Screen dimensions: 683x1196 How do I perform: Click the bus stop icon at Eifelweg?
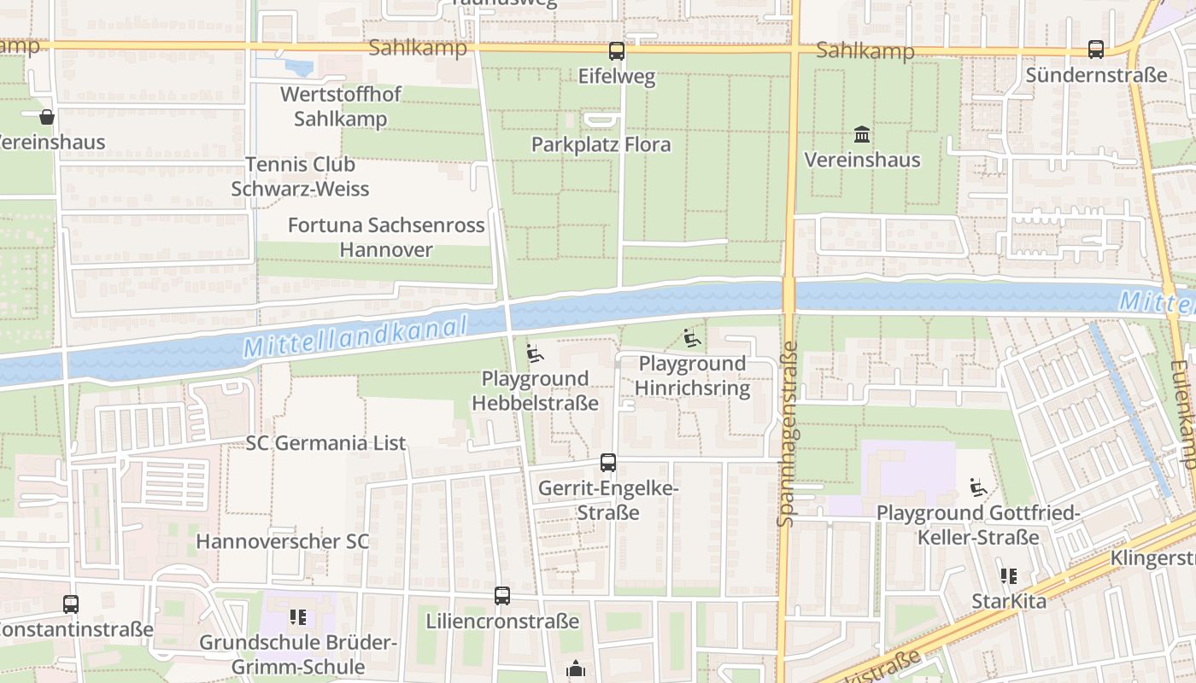pyautogui.click(x=617, y=51)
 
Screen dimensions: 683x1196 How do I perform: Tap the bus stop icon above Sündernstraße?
pyautogui.click(x=1096, y=50)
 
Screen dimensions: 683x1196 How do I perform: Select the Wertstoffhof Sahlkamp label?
pyautogui.click(x=341, y=107)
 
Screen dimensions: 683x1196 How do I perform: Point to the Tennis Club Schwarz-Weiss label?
pyautogui.click(x=300, y=176)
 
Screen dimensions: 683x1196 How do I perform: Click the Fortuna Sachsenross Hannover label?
pyautogui.click(x=386, y=237)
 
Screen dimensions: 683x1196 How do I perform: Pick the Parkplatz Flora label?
pyautogui.click(x=601, y=144)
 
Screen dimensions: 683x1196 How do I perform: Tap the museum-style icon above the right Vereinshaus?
pyautogui.click(x=862, y=135)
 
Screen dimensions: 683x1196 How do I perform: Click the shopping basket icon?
pyautogui.click(x=47, y=117)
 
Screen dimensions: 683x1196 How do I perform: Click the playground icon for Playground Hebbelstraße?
pyautogui.click(x=535, y=353)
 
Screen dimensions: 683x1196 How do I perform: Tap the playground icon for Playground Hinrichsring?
pyautogui.click(x=692, y=339)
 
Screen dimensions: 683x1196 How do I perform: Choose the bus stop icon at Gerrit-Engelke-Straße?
pyautogui.click(x=608, y=463)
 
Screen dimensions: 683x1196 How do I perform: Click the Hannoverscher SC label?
pyautogui.click(x=283, y=541)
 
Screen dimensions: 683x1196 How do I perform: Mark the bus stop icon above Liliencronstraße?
pyautogui.click(x=502, y=596)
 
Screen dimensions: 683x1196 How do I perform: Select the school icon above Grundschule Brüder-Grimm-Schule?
pyautogui.click(x=297, y=616)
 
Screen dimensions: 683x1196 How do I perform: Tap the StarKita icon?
pyautogui.click(x=1009, y=577)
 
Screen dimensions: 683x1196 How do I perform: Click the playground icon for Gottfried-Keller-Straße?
pyautogui.click(x=978, y=488)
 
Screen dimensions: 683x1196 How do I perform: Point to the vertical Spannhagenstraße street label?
pyautogui.click(x=788, y=434)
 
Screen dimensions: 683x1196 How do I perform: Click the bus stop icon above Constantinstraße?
pyautogui.click(x=71, y=604)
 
